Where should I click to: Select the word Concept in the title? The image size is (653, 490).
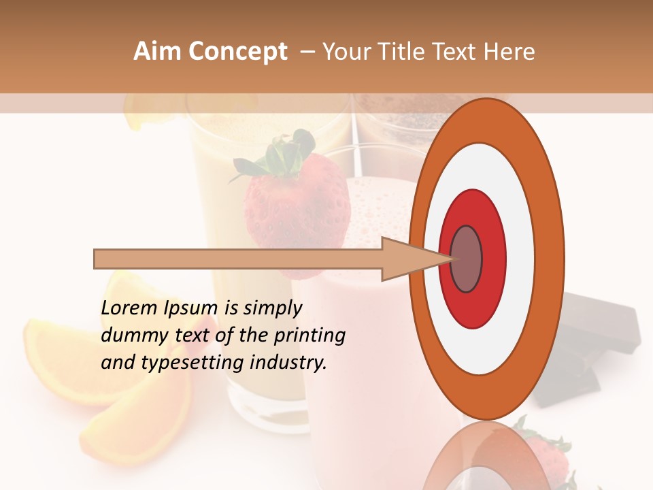(x=237, y=52)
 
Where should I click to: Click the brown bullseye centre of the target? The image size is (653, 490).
(x=466, y=259)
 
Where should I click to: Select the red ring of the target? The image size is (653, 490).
(x=493, y=259)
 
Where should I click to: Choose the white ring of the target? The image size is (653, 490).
(x=520, y=259)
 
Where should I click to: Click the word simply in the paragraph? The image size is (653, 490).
(x=272, y=308)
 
